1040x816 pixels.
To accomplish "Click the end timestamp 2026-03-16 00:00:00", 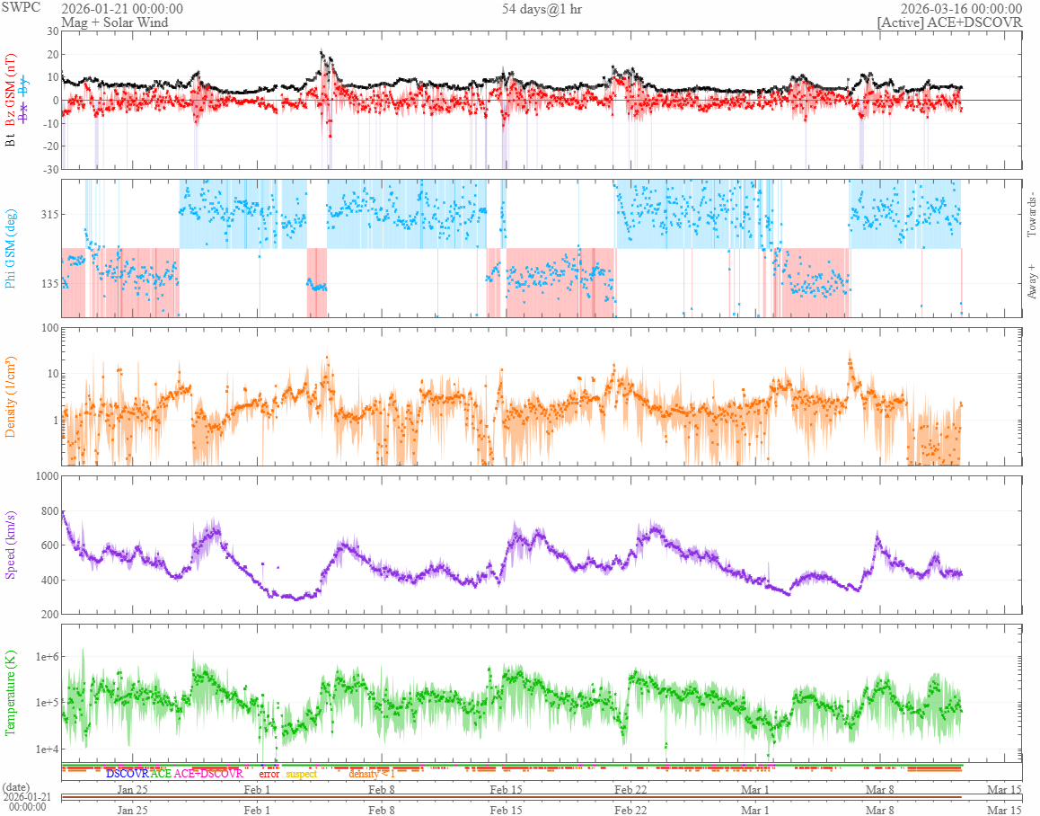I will click(961, 9).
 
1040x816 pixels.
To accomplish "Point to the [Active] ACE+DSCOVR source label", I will click(950, 22).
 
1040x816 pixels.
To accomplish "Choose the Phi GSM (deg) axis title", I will click(11, 248).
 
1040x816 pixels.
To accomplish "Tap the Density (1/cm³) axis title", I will click(11, 396).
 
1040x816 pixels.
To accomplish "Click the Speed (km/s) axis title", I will click(11, 544).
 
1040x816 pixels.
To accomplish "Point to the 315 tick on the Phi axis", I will click(47, 214).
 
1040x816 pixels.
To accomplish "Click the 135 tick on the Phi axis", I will click(47, 283).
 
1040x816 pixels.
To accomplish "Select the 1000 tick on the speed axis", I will click(44, 475).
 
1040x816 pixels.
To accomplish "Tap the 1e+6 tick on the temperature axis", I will click(44, 657).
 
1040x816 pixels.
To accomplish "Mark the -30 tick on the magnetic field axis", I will click(49, 170).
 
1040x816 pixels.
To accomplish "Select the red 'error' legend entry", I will click(269, 773).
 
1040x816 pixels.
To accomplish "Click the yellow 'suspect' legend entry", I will click(301, 773).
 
